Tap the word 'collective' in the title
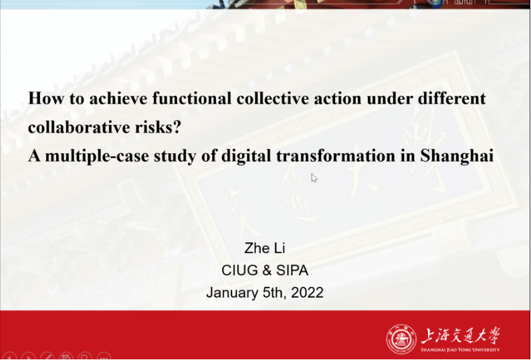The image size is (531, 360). click(273, 98)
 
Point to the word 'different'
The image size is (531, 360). click(452, 98)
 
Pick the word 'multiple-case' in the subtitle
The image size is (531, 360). click(97, 157)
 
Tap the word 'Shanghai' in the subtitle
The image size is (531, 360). click(457, 157)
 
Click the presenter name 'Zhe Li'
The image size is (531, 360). click(265, 248)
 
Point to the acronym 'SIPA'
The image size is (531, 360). click(292, 270)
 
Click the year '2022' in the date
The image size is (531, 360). click(307, 292)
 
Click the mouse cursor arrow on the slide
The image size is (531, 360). click(314, 178)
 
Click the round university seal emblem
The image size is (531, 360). click(401, 339)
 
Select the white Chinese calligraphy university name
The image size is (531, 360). click(460, 336)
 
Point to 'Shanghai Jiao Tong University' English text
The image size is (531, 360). click(460, 349)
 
